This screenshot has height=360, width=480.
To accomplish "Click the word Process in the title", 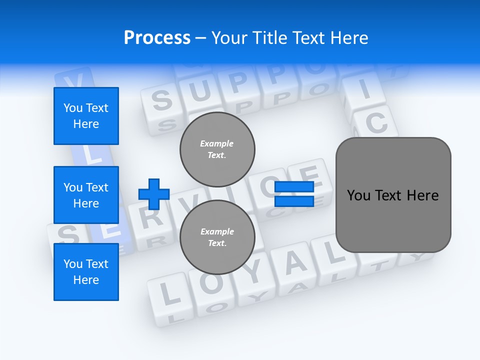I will (x=157, y=37).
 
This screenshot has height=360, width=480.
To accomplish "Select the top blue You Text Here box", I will (x=86, y=116).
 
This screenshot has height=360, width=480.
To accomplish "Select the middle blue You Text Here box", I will (x=86, y=195).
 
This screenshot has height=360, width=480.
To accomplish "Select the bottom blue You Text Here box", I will (x=86, y=271).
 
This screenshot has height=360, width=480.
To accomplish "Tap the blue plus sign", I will (x=154, y=194).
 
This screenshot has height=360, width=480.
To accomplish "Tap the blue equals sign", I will (x=294, y=194).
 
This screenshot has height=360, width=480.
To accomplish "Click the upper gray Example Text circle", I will (x=217, y=149).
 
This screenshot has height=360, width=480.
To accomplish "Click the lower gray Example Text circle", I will (x=217, y=237).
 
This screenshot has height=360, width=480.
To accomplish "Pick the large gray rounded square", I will (x=393, y=195).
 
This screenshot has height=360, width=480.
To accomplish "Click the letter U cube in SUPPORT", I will (x=200, y=92).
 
